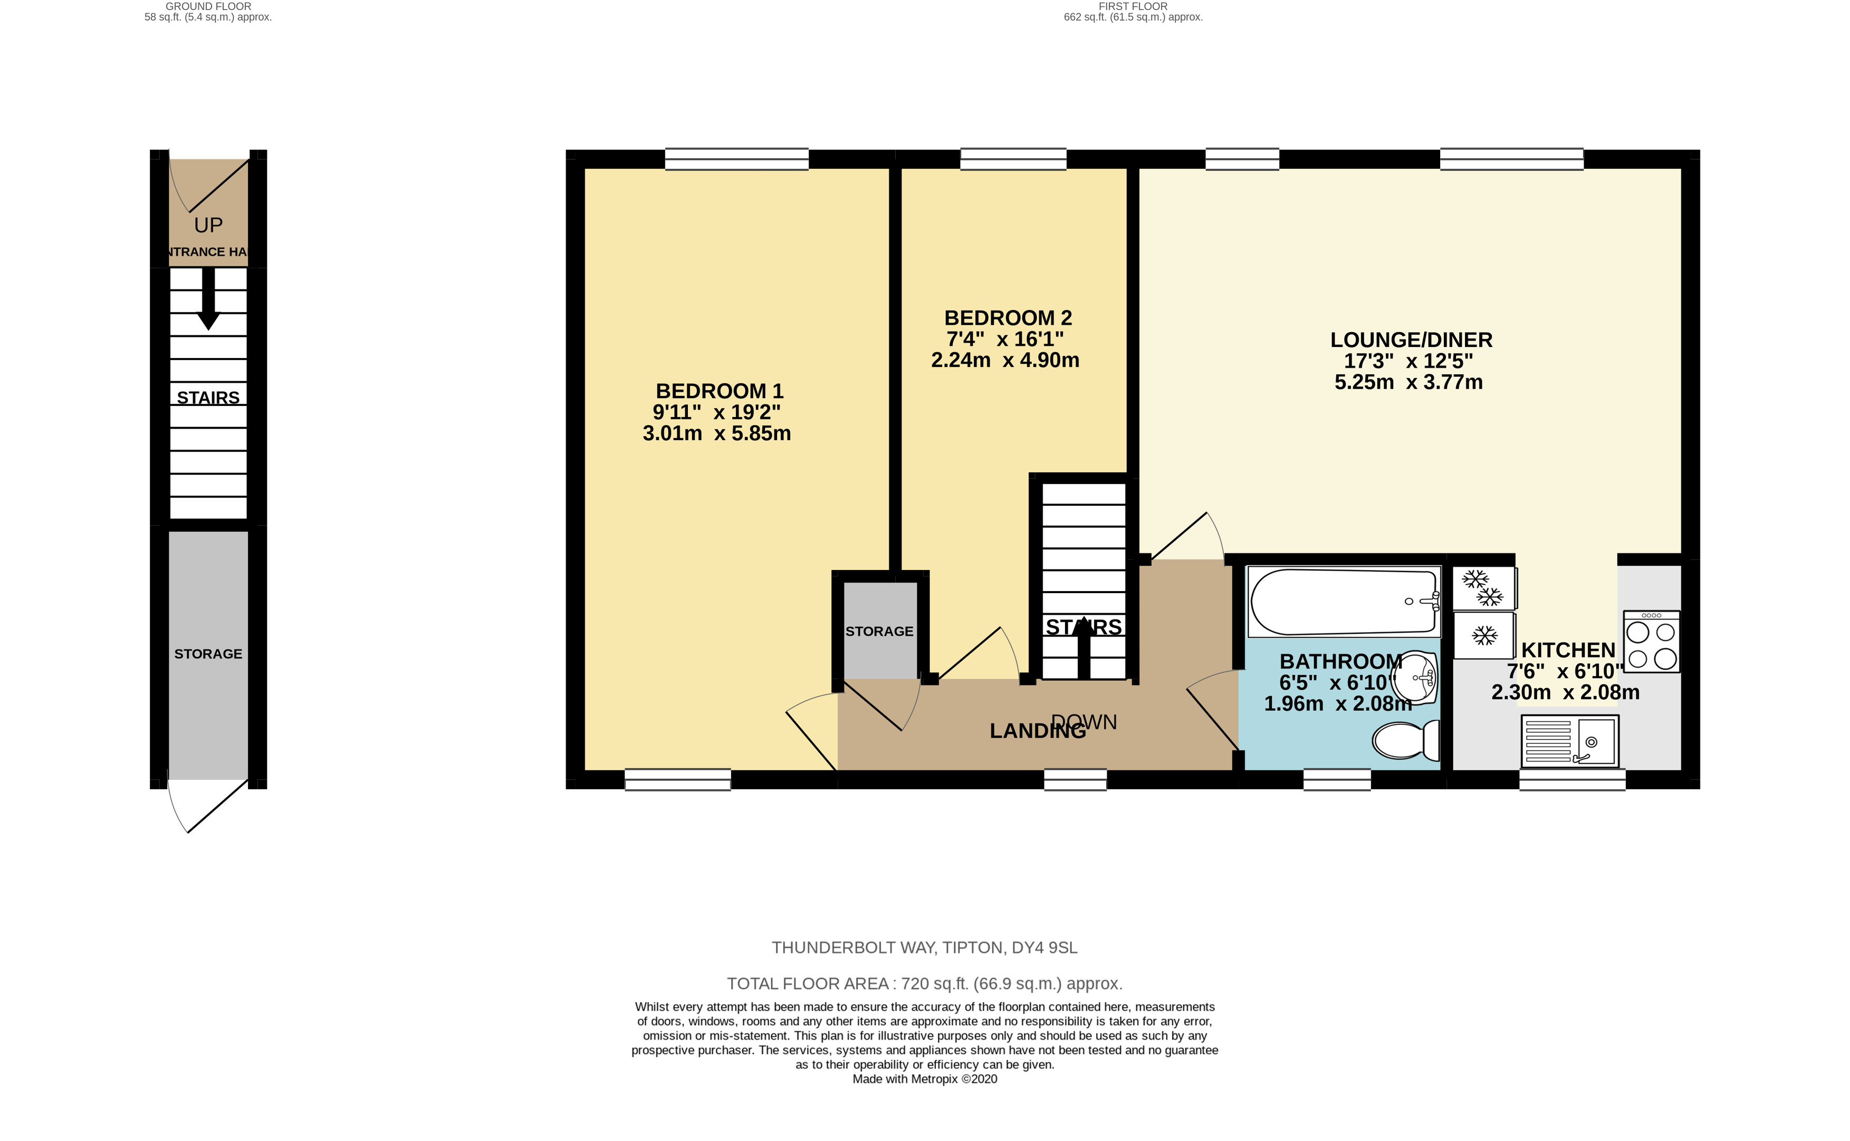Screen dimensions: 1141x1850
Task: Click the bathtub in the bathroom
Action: tap(1344, 602)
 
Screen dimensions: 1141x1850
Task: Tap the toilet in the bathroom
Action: tap(1405, 740)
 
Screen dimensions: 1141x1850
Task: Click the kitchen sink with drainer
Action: tap(1570, 740)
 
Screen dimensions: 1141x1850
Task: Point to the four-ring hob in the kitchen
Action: tap(1652, 642)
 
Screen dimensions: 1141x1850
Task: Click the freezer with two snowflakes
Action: tap(1484, 588)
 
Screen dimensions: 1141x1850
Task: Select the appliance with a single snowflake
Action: tap(1484, 635)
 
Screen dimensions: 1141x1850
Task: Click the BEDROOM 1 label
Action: tap(720, 391)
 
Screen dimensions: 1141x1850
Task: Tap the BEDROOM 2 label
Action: tap(1008, 318)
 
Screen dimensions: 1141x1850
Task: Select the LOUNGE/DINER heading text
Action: tap(1411, 340)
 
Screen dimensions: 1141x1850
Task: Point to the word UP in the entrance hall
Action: tap(208, 225)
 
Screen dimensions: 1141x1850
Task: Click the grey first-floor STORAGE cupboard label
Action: tap(879, 631)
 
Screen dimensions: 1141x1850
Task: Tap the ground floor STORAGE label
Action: tap(208, 653)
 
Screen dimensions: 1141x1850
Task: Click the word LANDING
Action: tap(1037, 730)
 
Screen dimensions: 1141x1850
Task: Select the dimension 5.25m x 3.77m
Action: tap(1408, 382)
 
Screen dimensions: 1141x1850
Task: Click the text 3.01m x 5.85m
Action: tap(716, 433)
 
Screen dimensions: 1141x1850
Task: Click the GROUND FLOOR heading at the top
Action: tap(208, 6)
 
